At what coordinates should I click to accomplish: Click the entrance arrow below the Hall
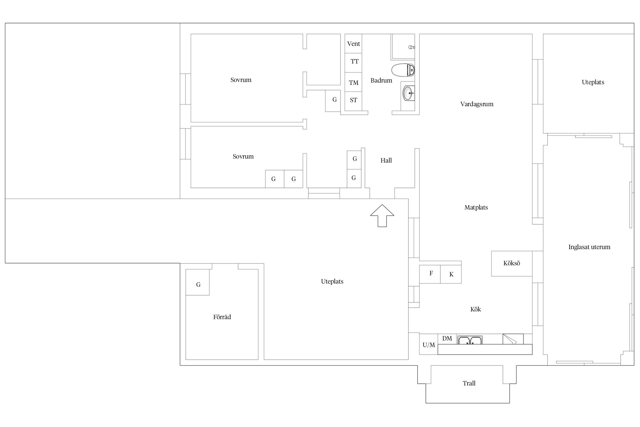(382, 216)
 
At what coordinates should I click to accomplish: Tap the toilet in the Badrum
(403, 70)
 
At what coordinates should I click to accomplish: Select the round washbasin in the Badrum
(409, 93)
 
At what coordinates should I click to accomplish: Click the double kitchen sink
(470, 340)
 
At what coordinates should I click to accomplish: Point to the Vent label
(354, 44)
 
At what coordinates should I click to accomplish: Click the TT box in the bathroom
(353, 63)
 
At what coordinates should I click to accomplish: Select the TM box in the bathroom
(353, 82)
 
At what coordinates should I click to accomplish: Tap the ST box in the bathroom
(353, 101)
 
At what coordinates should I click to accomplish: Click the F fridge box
(430, 274)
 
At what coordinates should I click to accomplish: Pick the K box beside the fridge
(451, 274)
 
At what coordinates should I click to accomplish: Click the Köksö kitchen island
(512, 264)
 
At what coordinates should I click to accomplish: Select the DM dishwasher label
(447, 338)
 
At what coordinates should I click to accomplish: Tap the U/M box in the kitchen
(429, 344)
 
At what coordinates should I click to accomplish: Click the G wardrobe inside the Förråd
(198, 282)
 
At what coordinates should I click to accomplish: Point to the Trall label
(469, 383)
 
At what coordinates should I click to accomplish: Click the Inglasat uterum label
(589, 247)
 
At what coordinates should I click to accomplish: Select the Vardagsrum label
(477, 104)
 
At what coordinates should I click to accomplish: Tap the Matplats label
(476, 208)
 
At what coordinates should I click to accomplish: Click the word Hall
(386, 161)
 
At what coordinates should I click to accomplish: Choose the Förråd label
(222, 317)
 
